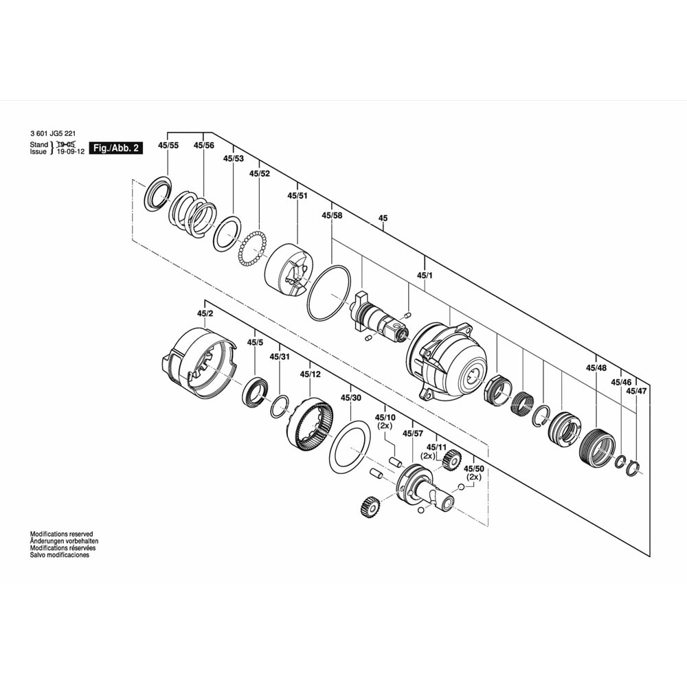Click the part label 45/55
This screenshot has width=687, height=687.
168,146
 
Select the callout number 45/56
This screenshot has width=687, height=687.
204,146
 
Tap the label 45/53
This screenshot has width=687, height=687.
233,159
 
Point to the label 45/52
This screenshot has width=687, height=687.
260,174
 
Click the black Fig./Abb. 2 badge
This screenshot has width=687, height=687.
115,148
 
